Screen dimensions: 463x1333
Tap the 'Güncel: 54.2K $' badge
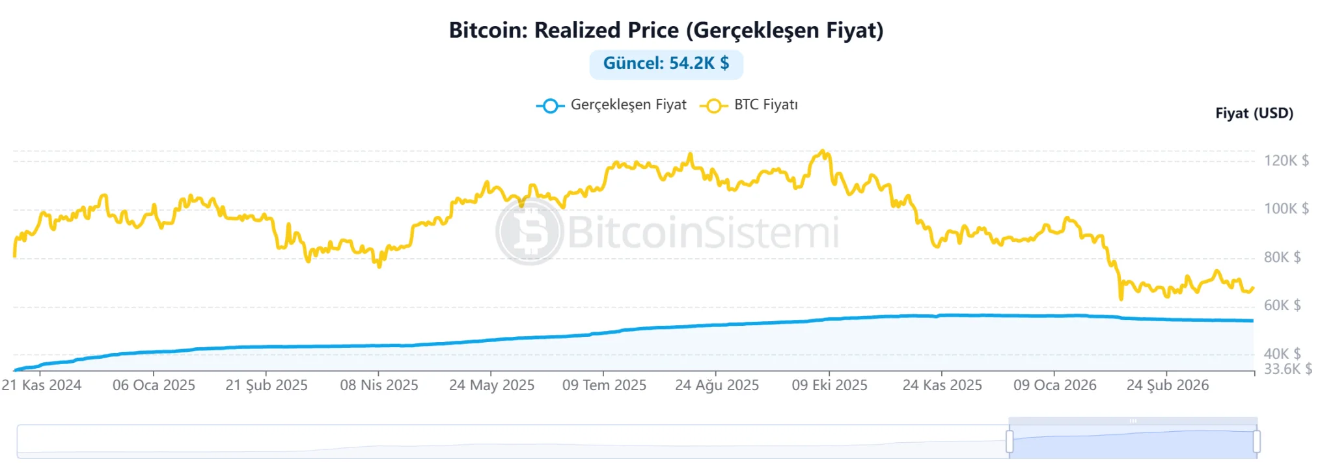pyautogui.click(x=666, y=64)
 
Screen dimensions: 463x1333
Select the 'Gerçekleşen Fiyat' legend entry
pyautogui.click(x=612, y=105)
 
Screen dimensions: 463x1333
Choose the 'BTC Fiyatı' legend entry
pyautogui.click(x=749, y=105)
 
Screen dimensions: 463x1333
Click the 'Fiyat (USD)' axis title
pyautogui.click(x=1254, y=113)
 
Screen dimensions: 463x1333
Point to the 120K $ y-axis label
pyautogui.click(x=1286, y=161)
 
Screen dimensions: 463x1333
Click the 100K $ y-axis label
pyautogui.click(x=1286, y=209)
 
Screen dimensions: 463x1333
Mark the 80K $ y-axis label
pyautogui.click(x=1282, y=258)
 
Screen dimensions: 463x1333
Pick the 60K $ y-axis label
pyautogui.click(x=1282, y=306)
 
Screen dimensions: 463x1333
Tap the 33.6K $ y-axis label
pyautogui.click(x=1287, y=369)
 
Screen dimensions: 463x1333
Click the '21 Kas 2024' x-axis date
pyautogui.click(x=42, y=385)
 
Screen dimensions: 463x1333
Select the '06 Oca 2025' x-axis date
pyautogui.click(x=154, y=385)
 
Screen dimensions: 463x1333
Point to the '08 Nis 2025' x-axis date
pyautogui.click(x=379, y=385)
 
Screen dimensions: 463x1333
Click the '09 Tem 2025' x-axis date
pyautogui.click(x=604, y=385)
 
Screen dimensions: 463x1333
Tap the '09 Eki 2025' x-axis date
pyautogui.click(x=829, y=385)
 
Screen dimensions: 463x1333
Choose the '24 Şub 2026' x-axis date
pyautogui.click(x=1168, y=385)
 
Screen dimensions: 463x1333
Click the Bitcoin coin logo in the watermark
pyautogui.click(x=529, y=231)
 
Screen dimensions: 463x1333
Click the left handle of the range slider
pyautogui.click(x=1010, y=442)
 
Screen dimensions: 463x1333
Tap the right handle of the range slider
pyautogui.click(x=1256, y=442)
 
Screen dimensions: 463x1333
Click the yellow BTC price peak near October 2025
pyautogui.click(x=823, y=152)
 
